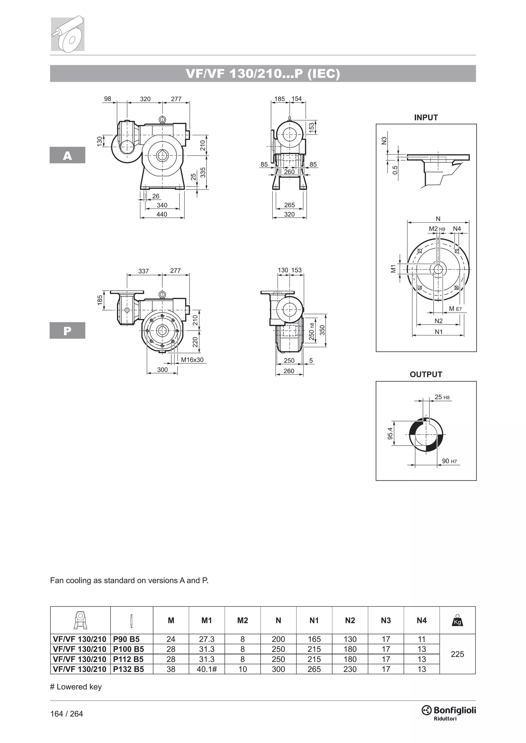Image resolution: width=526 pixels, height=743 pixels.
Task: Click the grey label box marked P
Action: (x=67, y=330)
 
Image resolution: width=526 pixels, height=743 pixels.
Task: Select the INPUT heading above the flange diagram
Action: (x=426, y=118)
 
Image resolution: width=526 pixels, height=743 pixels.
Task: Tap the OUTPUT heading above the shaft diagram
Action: (x=426, y=374)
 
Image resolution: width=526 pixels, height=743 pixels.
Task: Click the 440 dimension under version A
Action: (x=162, y=214)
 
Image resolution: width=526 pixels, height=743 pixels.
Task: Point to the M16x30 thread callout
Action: (x=192, y=360)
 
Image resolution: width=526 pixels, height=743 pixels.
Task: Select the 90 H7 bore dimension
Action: (x=449, y=461)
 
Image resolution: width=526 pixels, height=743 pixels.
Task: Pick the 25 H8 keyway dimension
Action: (x=442, y=397)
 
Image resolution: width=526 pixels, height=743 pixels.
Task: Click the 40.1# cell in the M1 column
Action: (x=207, y=669)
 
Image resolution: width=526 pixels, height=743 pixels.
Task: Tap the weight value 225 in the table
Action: (x=457, y=654)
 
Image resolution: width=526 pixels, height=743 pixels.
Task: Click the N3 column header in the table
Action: (x=386, y=620)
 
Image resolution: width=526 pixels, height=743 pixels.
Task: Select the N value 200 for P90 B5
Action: (x=278, y=639)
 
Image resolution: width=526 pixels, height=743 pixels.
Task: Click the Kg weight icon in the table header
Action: (x=457, y=620)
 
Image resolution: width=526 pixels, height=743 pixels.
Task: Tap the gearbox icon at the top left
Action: (x=68, y=34)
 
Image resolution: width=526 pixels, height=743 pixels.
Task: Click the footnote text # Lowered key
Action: (x=76, y=687)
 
